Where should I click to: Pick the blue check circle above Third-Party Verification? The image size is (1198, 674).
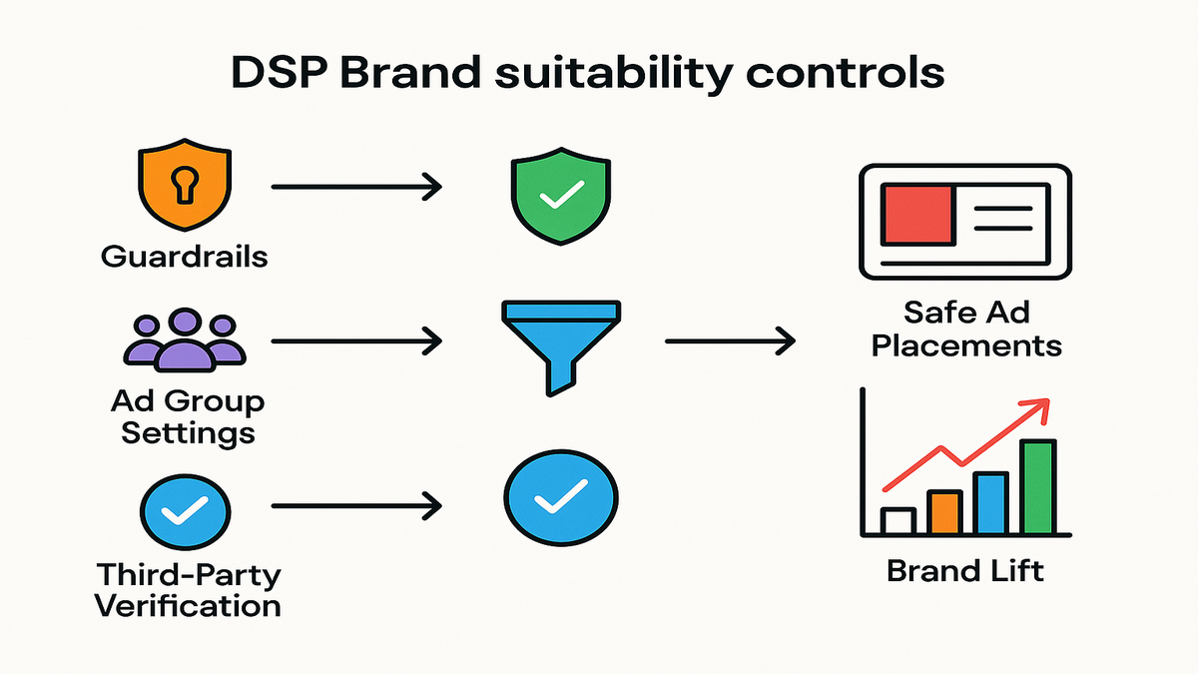click(x=185, y=511)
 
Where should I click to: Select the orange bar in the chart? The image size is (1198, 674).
click(x=942, y=511)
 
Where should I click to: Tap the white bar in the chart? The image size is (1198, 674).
click(x=898, y=520)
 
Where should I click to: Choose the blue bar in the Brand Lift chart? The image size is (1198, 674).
click(x=990, y=502)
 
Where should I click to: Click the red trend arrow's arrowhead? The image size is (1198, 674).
click(x=1041, y=407)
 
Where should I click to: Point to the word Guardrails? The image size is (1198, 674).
click(x=185, y=256)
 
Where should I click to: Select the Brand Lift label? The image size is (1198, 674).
click(x=964, y=571)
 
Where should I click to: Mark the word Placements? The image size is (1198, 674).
click(x=966, y=344)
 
